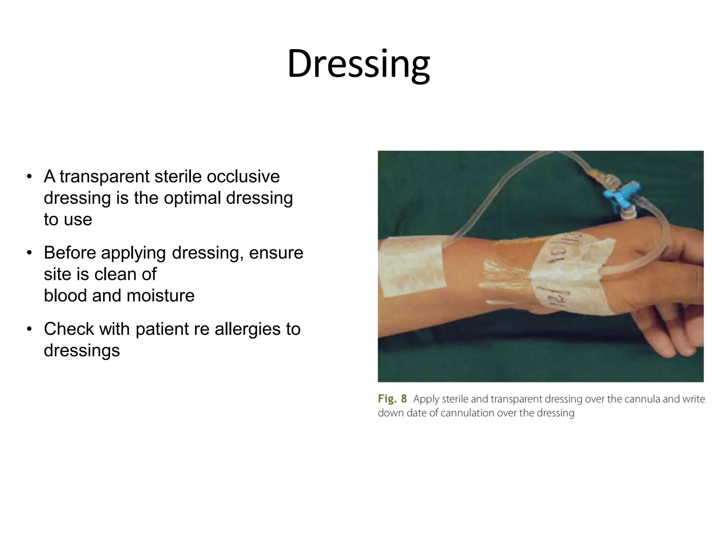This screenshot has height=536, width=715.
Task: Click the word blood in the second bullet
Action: (x=65, y=296)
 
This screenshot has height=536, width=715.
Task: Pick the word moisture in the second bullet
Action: (x=160, y=296)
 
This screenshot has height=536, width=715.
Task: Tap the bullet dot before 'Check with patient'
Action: (x=30, y=329)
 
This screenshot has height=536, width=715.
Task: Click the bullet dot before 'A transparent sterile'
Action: (x=30, y=177)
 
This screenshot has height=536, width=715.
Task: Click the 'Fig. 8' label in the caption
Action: (x=392, y=399)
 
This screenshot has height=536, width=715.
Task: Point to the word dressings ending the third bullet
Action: (x=82, y=350)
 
